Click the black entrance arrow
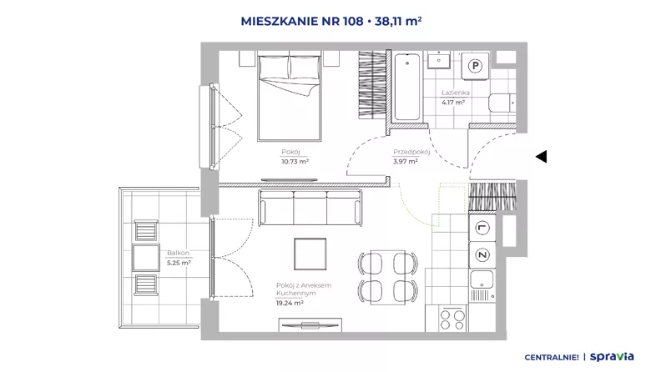[542, 157]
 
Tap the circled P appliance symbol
[475, 66]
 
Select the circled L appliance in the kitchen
[482, 228]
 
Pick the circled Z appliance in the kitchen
[482, 255]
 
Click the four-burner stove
[452, 319]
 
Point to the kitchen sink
[482, 284]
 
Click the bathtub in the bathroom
[407, 87]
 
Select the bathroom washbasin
[439, 60]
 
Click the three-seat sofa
[310, 208]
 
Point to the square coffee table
[310, 254]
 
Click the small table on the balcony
[146, 258]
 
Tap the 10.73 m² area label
[295, 161]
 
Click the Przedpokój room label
[411, 152]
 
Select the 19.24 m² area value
[290, 303]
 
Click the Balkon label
[179, 253]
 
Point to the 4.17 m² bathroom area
[453, 102]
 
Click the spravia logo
[612, 357]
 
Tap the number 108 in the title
[352, 21]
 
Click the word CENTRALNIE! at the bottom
[552, 358]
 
